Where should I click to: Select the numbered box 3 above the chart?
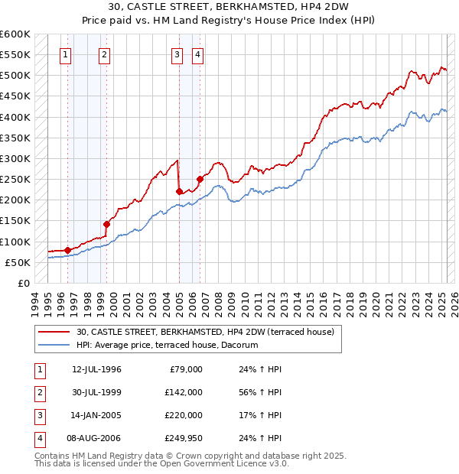177,54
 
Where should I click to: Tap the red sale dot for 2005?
179,191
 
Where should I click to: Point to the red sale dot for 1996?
67,250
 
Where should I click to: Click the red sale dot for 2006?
200,179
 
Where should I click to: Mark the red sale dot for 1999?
107,224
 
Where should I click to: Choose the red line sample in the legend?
54,333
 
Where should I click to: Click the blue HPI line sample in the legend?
54,346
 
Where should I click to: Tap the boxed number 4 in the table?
39,438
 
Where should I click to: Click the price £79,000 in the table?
184,368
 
